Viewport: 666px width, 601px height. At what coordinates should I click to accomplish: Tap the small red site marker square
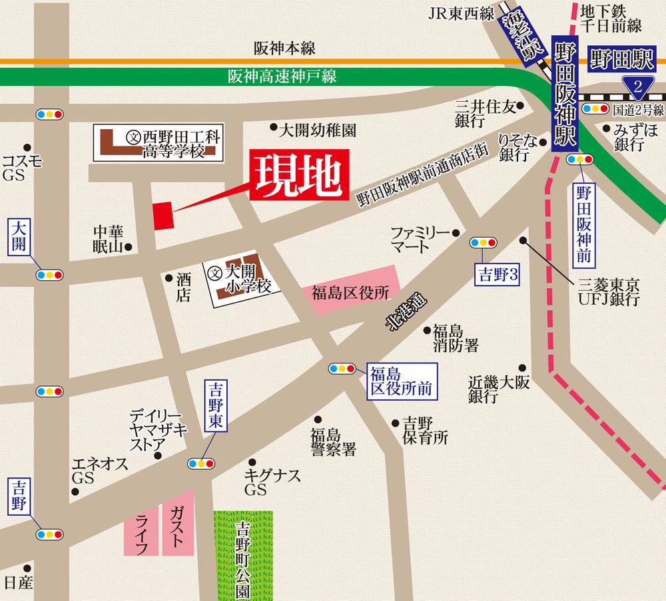tap(163, 216)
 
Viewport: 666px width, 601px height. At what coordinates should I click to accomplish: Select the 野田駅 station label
tap(621, 61)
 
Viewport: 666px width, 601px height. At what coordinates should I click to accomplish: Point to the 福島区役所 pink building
tap(350, 291)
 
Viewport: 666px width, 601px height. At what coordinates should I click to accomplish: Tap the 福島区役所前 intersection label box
tap(401, 381)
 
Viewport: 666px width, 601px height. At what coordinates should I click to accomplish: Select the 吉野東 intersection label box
tap(215, 406)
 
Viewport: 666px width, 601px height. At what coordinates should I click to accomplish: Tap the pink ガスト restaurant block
tap(177, 522)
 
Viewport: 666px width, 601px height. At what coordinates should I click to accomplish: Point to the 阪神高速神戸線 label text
tap(282, 77)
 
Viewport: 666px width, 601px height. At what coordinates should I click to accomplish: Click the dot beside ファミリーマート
tap(456, 233)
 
